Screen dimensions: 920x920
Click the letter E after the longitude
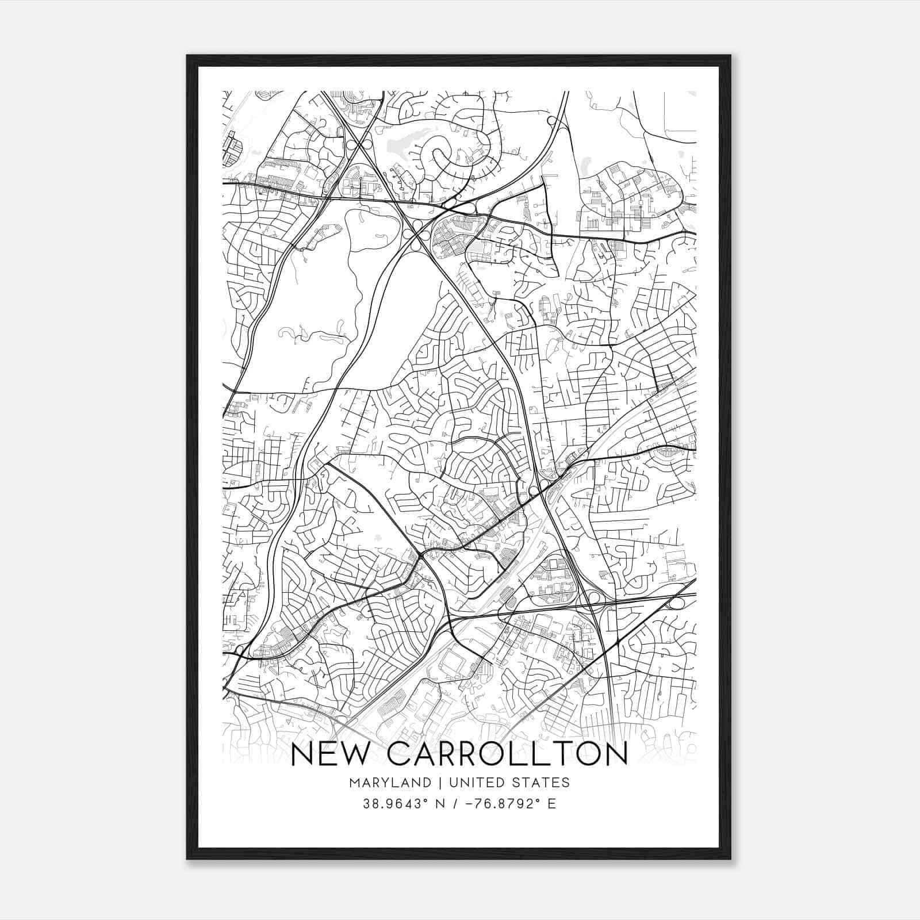coord(552,804)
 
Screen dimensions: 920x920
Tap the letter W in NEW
coord(358,754)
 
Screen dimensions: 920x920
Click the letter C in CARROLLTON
coord(400,754)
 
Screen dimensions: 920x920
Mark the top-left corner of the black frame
coord(187,56)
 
